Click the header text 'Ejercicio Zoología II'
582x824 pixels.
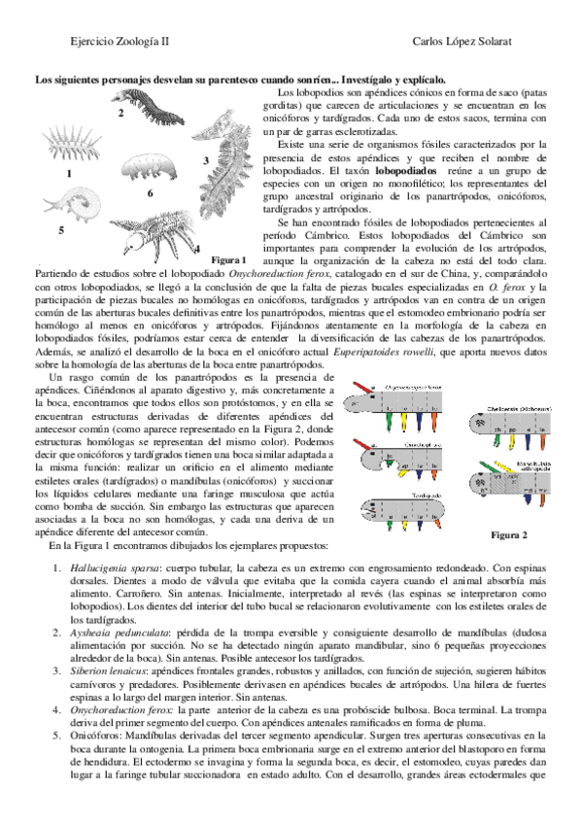tap(105, 42)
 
